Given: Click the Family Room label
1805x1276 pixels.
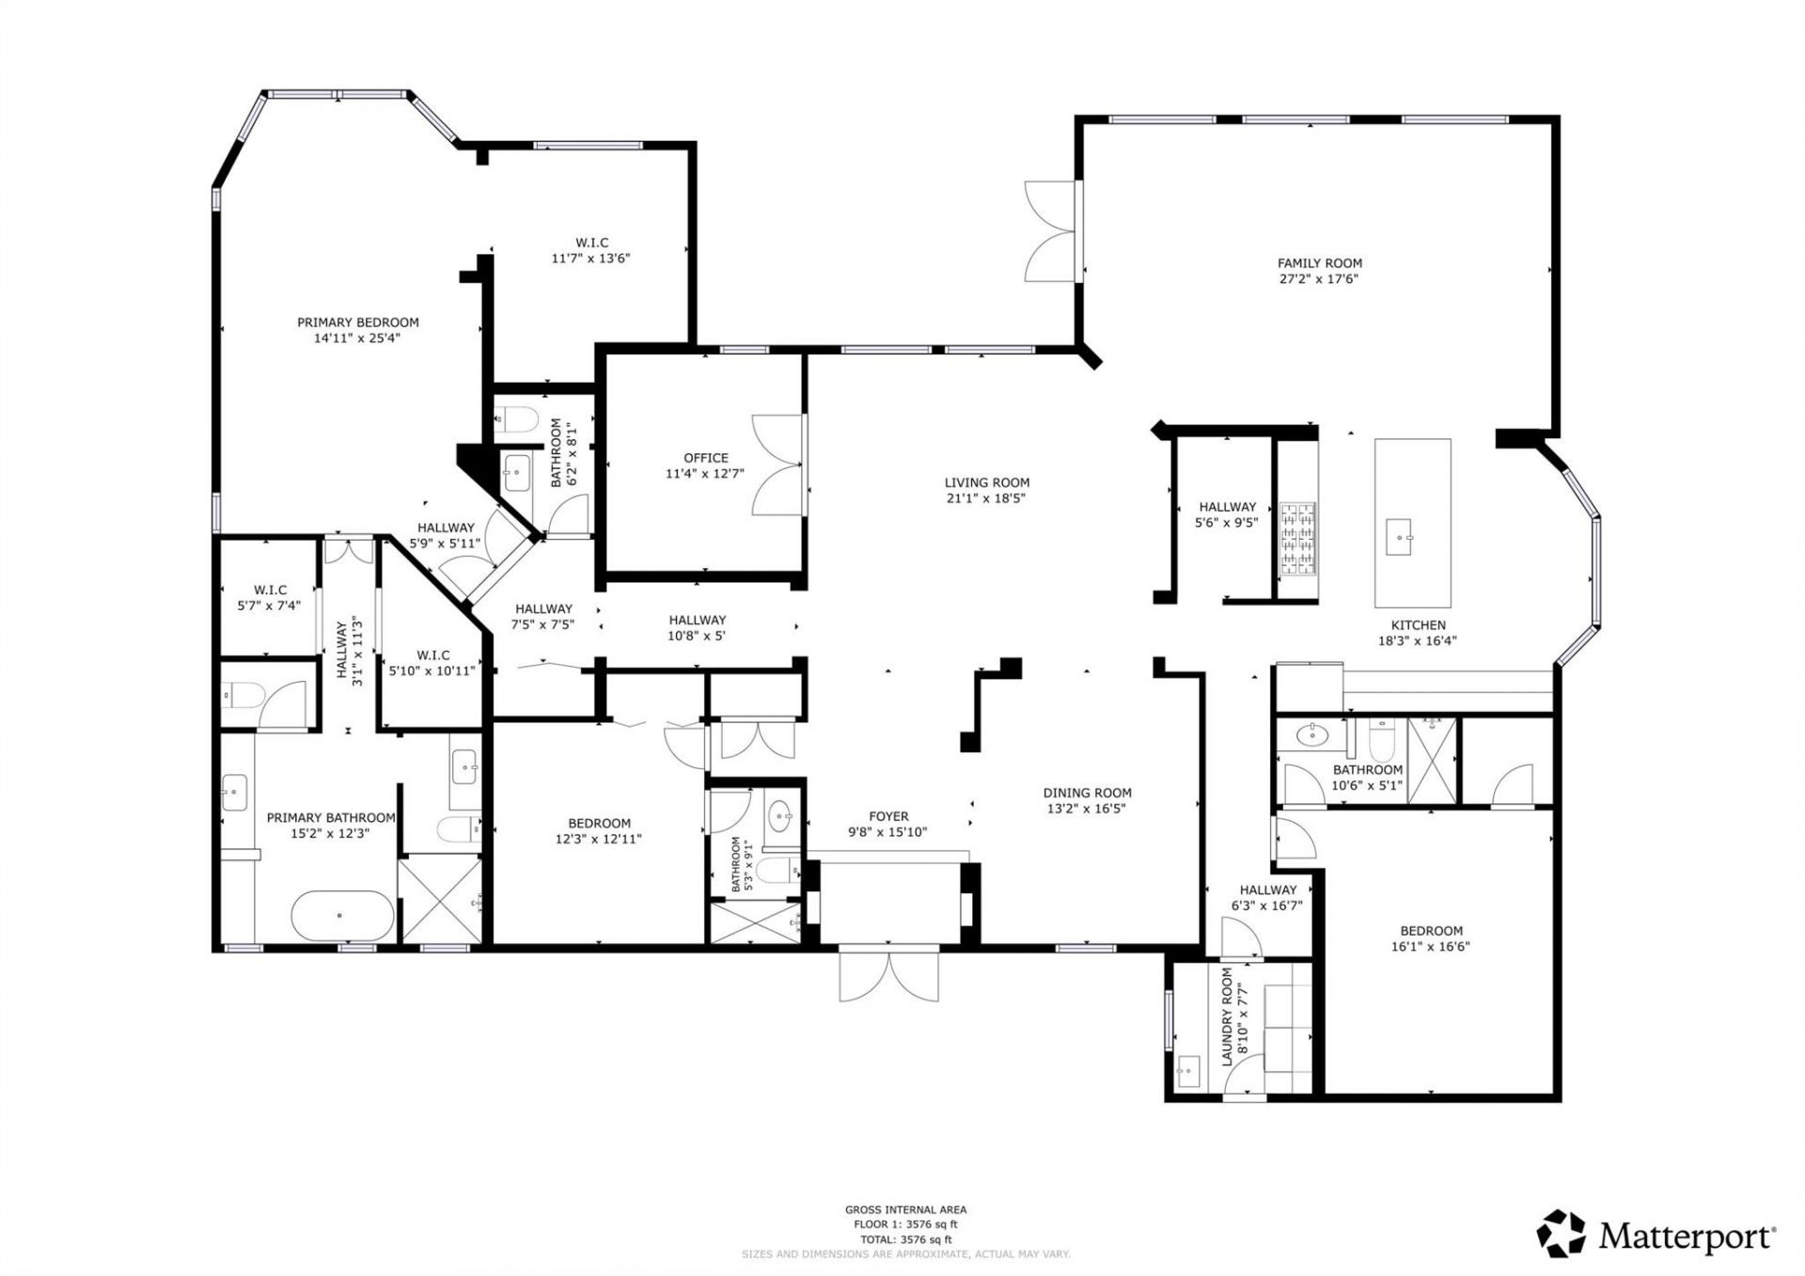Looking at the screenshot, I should coord(1319,263).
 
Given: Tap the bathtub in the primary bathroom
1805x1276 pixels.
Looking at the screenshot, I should coord(341,914).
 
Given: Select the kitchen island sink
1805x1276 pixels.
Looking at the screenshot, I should coord(1399,537).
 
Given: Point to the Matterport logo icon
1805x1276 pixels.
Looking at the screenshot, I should coord(1561,1233).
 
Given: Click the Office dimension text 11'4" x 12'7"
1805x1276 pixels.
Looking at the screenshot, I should coord(704,474).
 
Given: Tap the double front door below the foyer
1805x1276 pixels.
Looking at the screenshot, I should coord(888,975).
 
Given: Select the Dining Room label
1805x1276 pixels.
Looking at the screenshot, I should coord(1087,793).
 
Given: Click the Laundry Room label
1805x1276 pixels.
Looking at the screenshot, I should coord(1227,1016).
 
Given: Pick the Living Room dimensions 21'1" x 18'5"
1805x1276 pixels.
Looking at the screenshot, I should coord(986,498).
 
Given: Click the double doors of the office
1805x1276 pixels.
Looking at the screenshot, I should coord(778,465).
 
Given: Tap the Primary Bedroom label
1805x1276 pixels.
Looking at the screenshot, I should coord(357,323).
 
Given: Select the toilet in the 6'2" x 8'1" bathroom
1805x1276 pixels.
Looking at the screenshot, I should coord(515,417).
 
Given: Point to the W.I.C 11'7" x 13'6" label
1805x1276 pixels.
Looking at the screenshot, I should coord(591,243).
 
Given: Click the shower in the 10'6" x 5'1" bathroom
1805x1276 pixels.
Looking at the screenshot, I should coord(1431,760).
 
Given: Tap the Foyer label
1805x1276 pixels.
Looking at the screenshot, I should coord(887,816).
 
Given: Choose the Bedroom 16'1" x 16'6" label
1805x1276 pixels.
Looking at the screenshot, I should coord(1430,931).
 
